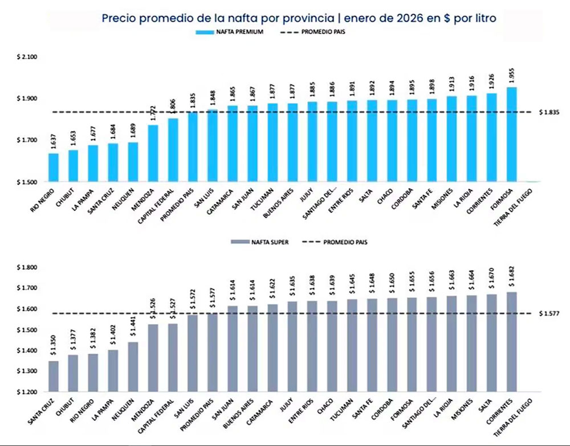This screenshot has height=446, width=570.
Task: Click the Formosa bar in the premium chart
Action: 511,134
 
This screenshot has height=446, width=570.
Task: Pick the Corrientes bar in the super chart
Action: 511,342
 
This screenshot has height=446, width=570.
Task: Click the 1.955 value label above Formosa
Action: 511,75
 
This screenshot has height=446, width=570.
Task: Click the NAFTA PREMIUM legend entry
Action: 229,32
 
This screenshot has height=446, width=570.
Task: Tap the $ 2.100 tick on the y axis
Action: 27,57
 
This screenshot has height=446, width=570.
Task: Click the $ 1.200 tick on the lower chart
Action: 27,392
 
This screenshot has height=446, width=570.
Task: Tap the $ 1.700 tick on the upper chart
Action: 27,140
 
